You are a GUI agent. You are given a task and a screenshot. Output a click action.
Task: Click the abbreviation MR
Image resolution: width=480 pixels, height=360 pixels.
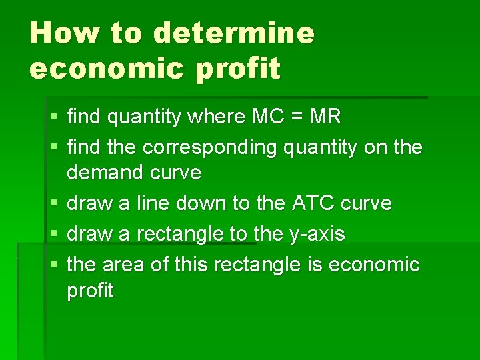325,117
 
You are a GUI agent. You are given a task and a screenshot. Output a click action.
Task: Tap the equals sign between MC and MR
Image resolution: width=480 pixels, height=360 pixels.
297,118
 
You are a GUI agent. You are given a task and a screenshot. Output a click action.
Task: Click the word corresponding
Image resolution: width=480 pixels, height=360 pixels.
211,147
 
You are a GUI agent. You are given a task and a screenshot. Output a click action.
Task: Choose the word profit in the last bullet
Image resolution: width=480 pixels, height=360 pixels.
91,291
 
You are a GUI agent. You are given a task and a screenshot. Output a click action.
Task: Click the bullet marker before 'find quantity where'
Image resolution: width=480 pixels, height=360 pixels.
53,118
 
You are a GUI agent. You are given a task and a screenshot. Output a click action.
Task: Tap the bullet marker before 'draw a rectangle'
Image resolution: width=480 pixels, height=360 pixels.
53,234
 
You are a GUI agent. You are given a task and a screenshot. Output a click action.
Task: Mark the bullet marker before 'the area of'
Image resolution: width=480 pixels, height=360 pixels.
53,265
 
